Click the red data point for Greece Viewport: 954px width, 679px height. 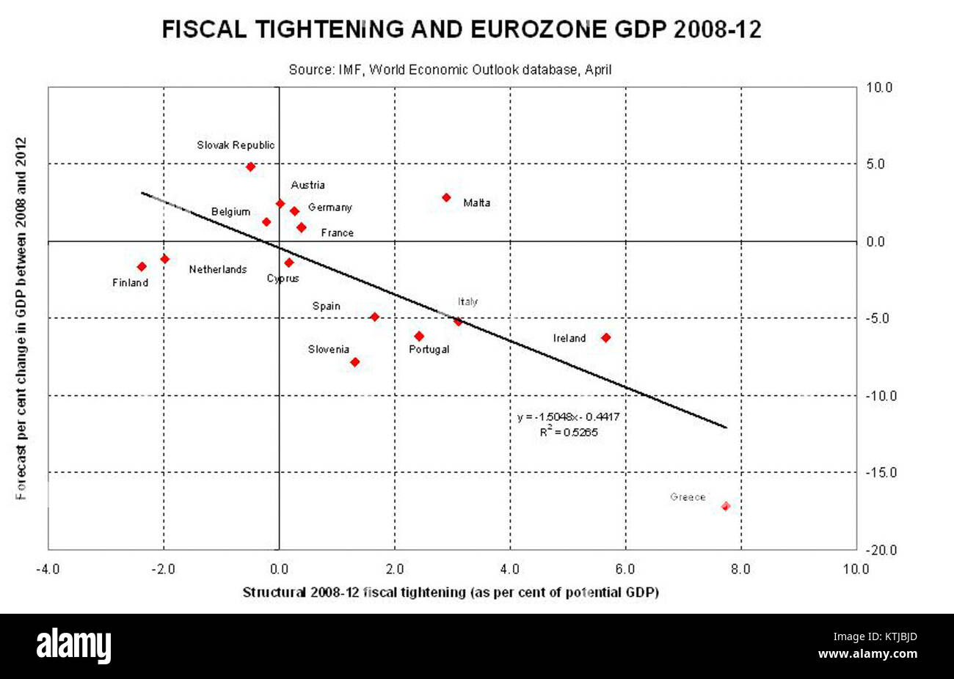tap(725, 506)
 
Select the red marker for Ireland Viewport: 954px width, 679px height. tap(605, 337)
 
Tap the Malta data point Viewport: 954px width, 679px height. tap(446, 197)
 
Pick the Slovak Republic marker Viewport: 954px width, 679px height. tap(250, 166)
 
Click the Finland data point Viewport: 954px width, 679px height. tap(142, 266)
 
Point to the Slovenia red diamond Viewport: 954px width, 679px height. tap(355, 361)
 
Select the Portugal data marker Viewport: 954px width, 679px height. tap(419, 336)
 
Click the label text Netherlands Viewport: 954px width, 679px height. tap(218, 270)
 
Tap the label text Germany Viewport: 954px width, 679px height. tap(329, 208)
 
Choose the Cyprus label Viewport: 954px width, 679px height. tap(283, 279)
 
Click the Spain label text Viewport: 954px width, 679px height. tap(326, 306)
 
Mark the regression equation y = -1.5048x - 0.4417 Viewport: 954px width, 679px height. tap(568, 416)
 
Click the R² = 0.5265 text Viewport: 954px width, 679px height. tap(569, 432)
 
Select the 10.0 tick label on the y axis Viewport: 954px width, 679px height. tap(878, 87)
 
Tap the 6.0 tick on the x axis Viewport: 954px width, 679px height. tap(625, 568)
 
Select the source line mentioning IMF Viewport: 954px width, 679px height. tap(450, 69)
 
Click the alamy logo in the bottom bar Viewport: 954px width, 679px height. tap(74, 646)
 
